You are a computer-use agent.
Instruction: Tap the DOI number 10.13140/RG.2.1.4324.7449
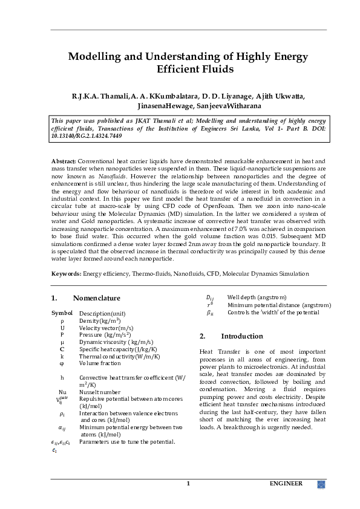coord(87,137)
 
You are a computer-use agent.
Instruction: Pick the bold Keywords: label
coord(67,274)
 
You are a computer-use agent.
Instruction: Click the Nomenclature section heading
coord(96,298)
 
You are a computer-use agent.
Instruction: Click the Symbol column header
coord(62,313)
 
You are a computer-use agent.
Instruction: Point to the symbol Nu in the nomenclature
coord(62,392)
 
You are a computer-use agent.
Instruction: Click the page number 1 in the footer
coord(188,484)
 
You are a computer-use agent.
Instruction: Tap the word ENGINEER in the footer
coord(286,484)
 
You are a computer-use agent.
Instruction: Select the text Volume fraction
coord(100,363)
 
